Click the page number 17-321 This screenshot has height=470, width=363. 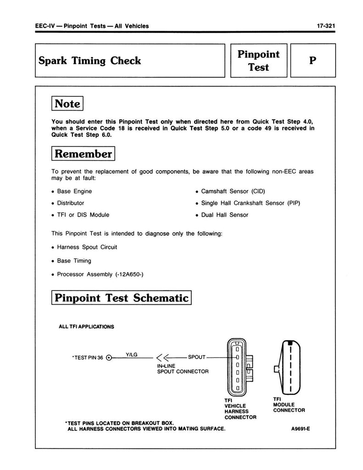coord(326,26)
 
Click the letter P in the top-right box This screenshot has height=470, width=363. coord(313,61)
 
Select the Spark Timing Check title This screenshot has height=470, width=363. coord(89,61)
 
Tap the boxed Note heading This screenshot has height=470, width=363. coord(67,103)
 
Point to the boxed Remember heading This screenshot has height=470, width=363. coord(83,153)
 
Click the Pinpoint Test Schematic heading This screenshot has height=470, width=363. coord(122,297)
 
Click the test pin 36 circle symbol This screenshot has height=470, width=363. coord(109,358)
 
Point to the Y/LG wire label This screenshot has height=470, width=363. coord(132,355)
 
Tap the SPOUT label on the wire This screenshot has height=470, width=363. coord(196,357)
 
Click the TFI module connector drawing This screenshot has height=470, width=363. coord(287,368)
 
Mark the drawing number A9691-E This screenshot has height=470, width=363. coord(301,429)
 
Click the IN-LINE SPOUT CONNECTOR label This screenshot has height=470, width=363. coord(183,369)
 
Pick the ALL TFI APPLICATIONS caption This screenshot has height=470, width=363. coord(86,327)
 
